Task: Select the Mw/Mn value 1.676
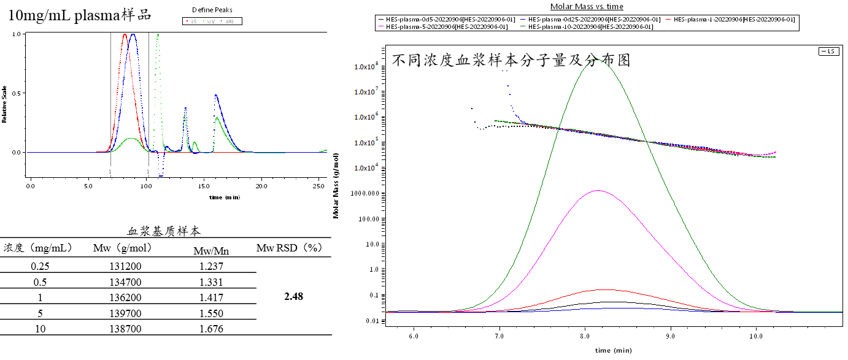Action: [211, 329]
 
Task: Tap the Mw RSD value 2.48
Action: [294, 297]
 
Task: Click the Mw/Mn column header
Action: [211, 250]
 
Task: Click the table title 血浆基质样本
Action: [164, 232]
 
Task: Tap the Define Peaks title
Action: [212, 10]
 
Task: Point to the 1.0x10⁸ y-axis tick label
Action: [367, 66]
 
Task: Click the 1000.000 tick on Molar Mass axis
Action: [367, 193]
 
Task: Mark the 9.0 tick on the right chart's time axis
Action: [671, 337]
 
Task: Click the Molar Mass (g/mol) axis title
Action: [336, 186]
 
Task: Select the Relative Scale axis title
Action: [5, 105]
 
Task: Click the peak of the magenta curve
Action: [598, 191]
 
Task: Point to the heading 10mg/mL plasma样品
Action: [80, 15]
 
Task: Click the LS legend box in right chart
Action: [829, 52]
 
